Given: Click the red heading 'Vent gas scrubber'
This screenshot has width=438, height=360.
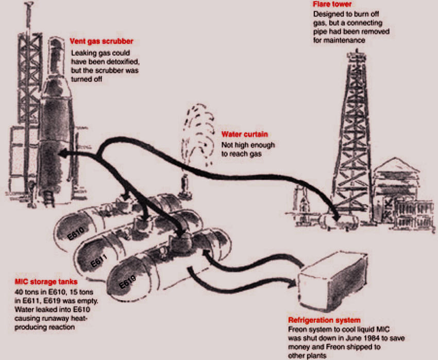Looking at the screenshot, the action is (x=102, y=41).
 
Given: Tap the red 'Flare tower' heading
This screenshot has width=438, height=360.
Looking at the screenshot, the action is (x=332, y=4).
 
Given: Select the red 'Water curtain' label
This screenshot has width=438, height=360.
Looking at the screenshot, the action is (x=245, y=134).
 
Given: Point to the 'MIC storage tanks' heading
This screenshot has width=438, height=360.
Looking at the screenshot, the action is (x=46, y=282).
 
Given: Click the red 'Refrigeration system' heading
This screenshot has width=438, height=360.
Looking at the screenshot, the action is (x=324, y=320).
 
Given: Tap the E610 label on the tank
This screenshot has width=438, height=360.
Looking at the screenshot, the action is (x=76, y=233).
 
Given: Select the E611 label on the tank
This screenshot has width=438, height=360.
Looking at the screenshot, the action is (x=99, y=261).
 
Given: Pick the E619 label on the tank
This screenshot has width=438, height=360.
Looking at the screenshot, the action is (x=127, y=282).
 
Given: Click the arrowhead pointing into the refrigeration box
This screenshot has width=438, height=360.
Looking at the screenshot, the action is (x=291, y=283).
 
